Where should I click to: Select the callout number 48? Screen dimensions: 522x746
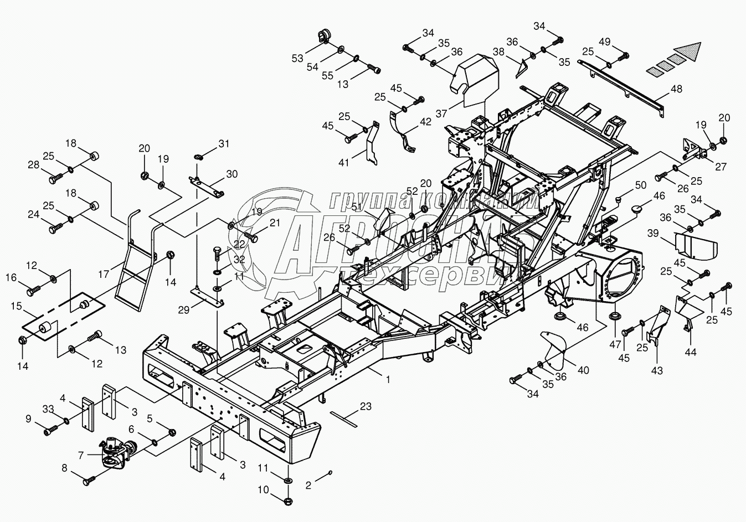pyautogui.click(x=676, y=89)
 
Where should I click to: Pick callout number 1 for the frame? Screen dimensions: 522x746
pyautogui.click(x=388, y=380)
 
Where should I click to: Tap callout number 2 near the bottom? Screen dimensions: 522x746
pyautogui.click(x=308, y=484)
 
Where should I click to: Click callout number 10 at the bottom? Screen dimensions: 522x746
pyautogui.click(x=263, y=490)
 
